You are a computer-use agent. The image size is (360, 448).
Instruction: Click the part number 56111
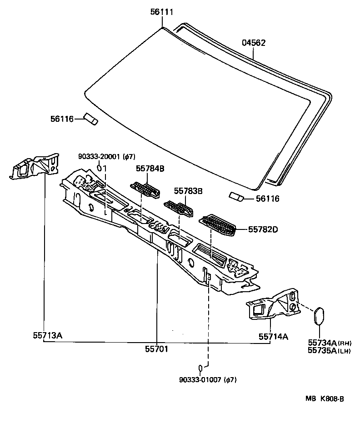[x=162, y=12]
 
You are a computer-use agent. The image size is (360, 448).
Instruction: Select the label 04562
[x=254, y=43]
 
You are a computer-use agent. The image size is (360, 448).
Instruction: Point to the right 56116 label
[x=267, y=199]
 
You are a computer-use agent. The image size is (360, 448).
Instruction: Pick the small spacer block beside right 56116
[x=236, y=196]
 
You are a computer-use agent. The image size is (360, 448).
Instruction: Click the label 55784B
[x=150, y=169]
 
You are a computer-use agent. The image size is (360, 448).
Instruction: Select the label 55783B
[x=187, y=191]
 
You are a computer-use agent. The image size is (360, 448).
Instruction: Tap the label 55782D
[x=263, y=229]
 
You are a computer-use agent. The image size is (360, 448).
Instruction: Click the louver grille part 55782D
[x=218, y=225]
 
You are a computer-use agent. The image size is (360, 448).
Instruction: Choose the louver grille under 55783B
[x=179, y=208]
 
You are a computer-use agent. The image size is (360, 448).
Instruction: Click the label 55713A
[x=47, y=336]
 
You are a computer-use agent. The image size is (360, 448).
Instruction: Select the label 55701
[x=156, y=349]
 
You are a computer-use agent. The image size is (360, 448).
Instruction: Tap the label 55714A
[x=274, y=337]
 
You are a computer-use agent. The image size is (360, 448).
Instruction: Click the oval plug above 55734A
[x=319, y=316]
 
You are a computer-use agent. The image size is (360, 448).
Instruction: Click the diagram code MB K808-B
[x=324, y=398]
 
